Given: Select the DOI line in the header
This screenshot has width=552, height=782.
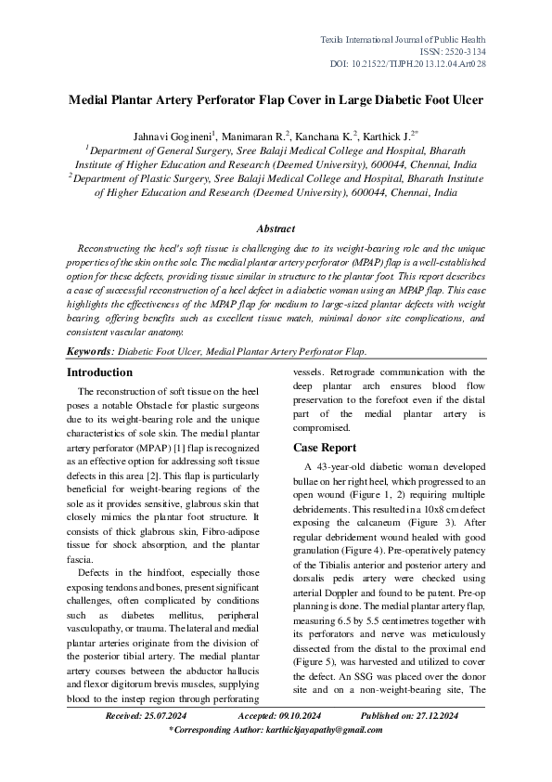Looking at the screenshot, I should point(434,65).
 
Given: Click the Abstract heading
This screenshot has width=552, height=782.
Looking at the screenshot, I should point(276,228).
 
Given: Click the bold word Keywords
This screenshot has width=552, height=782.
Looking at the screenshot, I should point(88,352).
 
